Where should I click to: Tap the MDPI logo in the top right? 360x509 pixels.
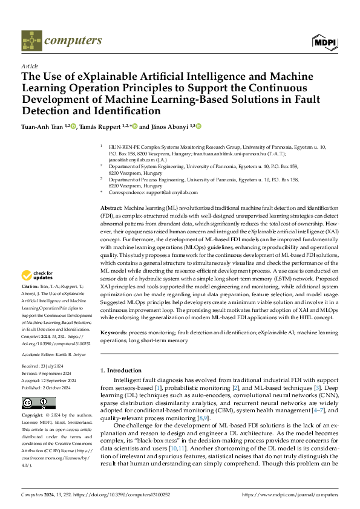point(325,41)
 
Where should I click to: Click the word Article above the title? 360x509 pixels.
point(30,66)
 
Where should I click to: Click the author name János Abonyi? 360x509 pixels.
point(169,126)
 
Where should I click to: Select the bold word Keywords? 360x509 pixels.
point(113,332)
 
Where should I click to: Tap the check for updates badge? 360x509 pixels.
point(37,276)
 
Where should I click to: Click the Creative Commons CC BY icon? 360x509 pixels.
point(31,403)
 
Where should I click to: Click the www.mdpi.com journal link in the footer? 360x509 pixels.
point(290,494)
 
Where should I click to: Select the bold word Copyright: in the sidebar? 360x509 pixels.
point(31,417)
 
